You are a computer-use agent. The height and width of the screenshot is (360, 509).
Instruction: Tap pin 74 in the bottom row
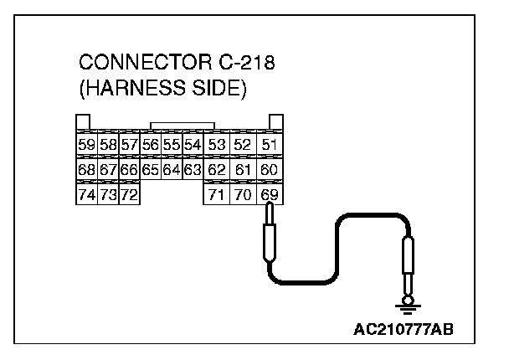pyautogui.click(x=86, y=196)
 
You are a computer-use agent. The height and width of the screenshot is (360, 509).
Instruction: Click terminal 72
pyautogui.click(x=128, y=196)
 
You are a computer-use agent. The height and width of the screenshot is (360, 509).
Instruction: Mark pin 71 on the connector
pyautogui.click(x=217, y=196)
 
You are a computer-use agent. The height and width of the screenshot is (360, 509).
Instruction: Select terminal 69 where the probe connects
pyautogui.click(x=270, y=196)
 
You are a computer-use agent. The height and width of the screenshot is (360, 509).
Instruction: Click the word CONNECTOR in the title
pyautogui.click(x=138, y=64)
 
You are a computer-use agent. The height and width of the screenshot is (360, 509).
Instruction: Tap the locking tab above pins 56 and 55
pyautogui.click(x=176, y=126)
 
